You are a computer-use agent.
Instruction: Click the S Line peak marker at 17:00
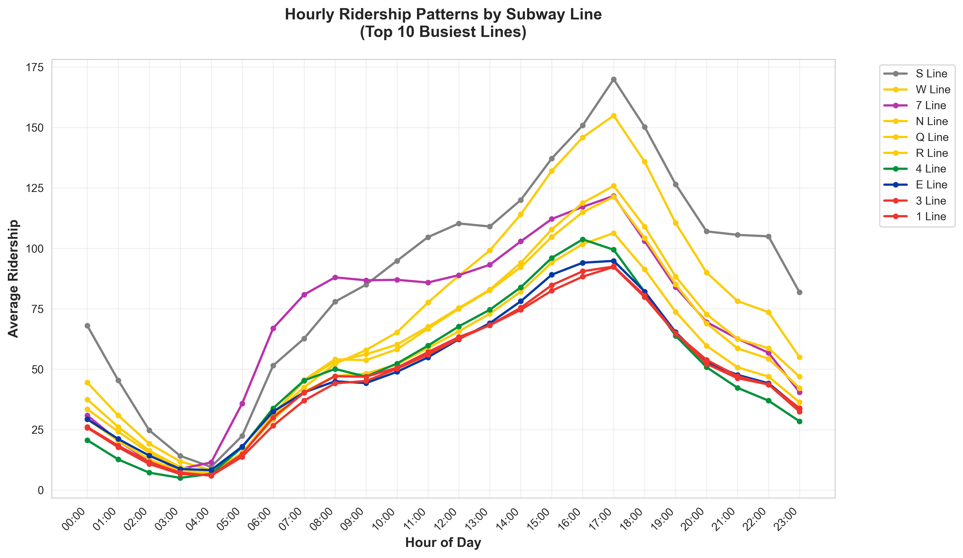tap(613, 80)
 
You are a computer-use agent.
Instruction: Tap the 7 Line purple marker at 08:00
tap(335, 277)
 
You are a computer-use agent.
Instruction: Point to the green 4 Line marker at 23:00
tap(799, 421)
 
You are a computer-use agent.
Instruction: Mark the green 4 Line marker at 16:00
tap(582, 239)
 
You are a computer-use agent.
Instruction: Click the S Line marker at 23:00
tap(799, 292)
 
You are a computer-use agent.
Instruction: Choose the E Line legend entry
tap(931, 185)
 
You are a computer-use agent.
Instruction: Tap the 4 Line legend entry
tap(930, 169)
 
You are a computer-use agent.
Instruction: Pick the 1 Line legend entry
tap(930, 216)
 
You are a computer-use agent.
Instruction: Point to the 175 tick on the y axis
tap(35, 67)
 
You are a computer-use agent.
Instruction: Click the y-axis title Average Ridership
tap(14, 278)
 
